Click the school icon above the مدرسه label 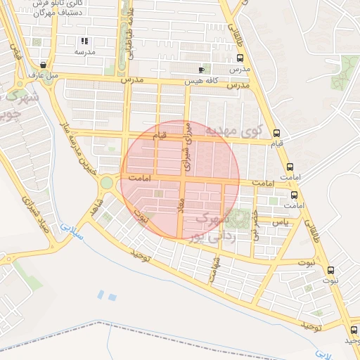85,41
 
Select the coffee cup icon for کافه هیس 202,70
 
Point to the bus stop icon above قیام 277,132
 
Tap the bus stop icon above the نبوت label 330,270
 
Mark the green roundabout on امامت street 106,183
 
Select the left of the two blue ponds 102,295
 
